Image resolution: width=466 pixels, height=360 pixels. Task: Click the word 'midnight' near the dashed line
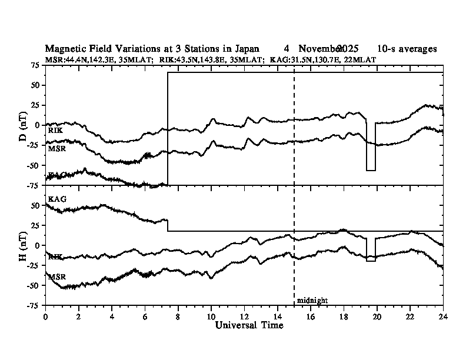(312, 300)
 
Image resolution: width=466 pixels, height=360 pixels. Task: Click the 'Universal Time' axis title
(244, 325)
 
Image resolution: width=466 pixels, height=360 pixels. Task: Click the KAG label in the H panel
(57, 199)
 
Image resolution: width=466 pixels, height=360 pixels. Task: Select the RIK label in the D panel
(55, 130)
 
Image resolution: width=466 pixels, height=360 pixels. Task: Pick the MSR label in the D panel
(56, 148)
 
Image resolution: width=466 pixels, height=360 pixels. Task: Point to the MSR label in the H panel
(56, 276)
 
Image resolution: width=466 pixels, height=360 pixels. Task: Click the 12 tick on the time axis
(244, 315)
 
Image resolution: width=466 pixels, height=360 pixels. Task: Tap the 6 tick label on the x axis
(145, 315)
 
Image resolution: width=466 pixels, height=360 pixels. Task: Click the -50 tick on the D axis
(33, 165)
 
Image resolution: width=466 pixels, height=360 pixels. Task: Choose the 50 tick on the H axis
(35, 205)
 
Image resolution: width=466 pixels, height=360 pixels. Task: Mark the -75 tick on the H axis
(33, 305)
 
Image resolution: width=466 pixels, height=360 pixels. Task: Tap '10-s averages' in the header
(407, 49)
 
